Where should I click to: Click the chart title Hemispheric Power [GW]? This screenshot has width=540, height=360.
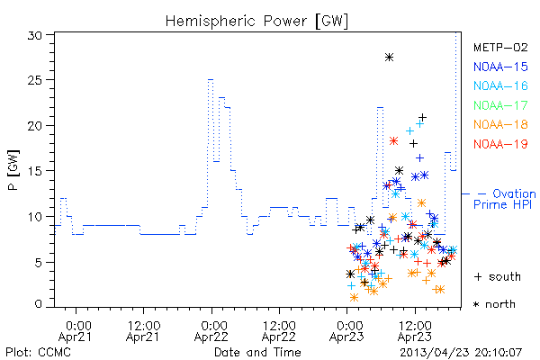tap(256, 21)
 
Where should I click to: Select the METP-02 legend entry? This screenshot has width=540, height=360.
tap(500, 47)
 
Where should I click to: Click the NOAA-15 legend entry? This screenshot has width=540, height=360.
tap(500, 67)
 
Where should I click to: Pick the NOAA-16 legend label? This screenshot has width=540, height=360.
tap(500, 85)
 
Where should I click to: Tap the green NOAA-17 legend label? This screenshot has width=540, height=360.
tap(500, 105)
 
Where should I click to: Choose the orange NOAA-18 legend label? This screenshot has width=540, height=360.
tap(500, 124)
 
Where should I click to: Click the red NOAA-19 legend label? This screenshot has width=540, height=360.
tap(500, 144)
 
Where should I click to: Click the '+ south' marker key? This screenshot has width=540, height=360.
tap(498, 276)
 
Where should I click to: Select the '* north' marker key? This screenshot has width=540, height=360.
tap(494, 304)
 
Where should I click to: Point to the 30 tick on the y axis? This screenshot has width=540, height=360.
tap(35, 35)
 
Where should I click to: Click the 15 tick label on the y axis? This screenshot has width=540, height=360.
tap(35, 171)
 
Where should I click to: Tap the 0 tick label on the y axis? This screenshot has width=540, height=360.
tap(38, 304)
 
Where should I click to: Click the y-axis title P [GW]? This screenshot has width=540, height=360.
tap(13, 170)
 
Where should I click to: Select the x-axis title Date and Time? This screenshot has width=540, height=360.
tap(257, 352)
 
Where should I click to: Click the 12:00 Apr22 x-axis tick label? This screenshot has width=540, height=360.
tap(279, 331)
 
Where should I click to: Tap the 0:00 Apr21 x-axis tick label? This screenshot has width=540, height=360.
tap(76, 331)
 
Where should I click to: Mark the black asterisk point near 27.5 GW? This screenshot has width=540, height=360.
tap(389, 58)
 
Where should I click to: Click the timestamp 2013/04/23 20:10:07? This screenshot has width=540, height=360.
tap(461, 353)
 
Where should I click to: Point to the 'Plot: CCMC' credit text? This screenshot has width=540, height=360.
tap(38, 352)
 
